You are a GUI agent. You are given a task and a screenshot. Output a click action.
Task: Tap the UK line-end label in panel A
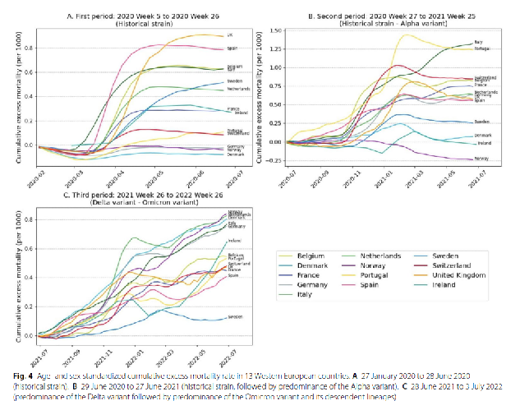230,35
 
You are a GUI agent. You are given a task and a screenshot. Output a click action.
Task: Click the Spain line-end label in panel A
232,48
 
